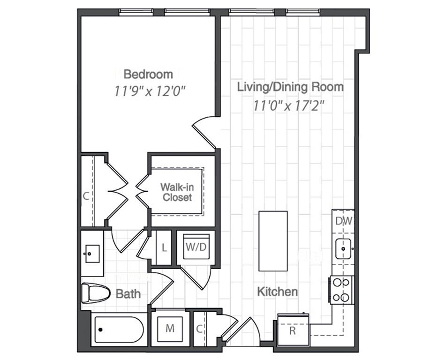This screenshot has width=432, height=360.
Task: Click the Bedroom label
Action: [x=148, y=74]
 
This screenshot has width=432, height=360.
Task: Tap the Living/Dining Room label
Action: [x=290, y=87]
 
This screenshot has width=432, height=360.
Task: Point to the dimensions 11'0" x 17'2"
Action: [x=289, y=105]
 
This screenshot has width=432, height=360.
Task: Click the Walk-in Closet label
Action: [x=177, y=192]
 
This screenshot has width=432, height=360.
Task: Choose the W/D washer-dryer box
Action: [x=196, y=247]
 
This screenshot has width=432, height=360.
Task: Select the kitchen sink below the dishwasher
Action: [x=344, y=247]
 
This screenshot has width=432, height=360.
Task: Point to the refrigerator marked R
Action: [x=293, y=330]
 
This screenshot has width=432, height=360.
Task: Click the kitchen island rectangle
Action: [x=273, y=241]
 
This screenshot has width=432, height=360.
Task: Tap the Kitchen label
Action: [x=277, y=292]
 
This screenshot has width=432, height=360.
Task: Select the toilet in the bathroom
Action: [x=92, y=293]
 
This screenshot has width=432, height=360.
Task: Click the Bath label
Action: [x=128, y=294]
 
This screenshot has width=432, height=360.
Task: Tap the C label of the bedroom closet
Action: [x=86, y=196]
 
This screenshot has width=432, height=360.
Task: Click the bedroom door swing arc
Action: [x=203, y=128]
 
